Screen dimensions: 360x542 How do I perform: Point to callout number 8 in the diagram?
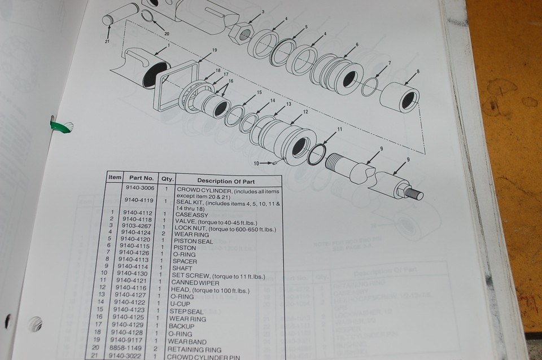(x=418, y=72)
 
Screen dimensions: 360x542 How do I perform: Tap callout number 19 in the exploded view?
(x=215, y=51)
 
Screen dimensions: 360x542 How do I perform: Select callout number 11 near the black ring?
(x=340, y=129)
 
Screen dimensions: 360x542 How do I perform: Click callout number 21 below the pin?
(x=107, y=41)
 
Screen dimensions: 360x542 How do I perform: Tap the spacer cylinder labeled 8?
(x=399, y=98)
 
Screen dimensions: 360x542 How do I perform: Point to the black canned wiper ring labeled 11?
(x=316, y=154)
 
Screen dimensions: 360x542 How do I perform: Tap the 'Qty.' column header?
(x=167, y=179)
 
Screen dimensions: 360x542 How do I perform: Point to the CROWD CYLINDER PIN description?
(x=208, y=356)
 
